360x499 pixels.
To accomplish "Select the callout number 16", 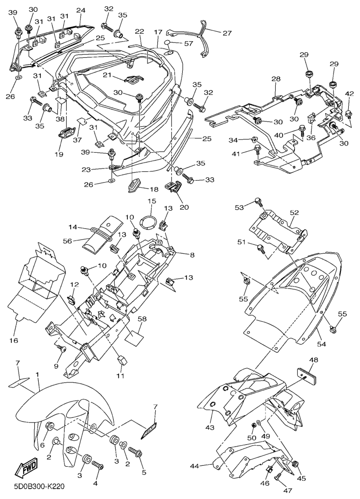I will point(13,340).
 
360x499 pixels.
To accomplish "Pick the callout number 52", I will point(294,213).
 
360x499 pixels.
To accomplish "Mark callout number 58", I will point(142,319).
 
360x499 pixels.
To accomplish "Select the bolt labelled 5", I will point(135,450).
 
